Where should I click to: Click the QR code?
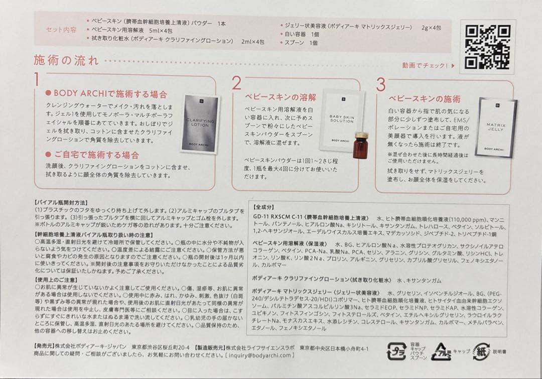pyautogui.click(x=487, y=46)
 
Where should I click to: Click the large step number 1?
pyautogui.click(x=37, y=80)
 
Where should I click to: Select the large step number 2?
pyautogui.click(x=236, y=83)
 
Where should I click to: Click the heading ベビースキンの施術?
pyautogui.click(x=424, y=99)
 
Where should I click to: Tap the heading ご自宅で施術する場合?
pyautogui.click(x=95, y=155)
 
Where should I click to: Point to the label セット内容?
pyautogui.click(x=61, y=30)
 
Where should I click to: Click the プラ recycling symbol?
pyautogui.click(x=396, y=351)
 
